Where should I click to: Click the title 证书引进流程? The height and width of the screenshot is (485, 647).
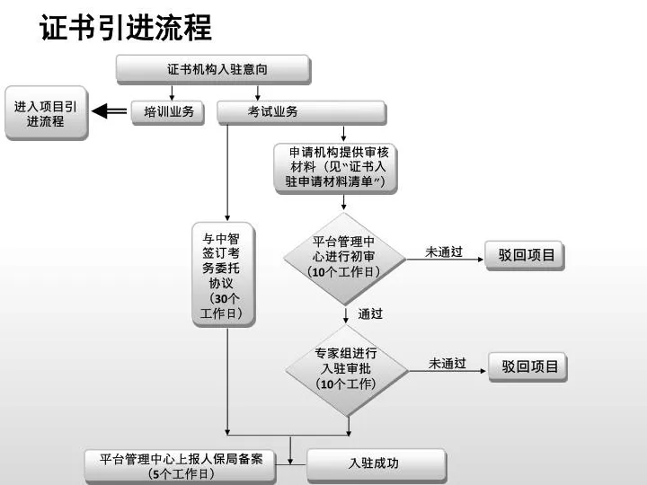126,28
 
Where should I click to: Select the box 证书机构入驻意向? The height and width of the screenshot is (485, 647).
213,70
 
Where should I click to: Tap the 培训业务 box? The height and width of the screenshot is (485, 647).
168,112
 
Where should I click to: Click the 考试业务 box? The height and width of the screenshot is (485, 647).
302,112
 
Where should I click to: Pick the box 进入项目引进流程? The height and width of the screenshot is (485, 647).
46,113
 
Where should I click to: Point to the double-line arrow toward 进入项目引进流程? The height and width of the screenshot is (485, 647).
109,111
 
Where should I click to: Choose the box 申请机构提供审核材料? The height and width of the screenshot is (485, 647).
336,168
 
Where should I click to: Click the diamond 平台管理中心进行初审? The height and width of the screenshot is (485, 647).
344,259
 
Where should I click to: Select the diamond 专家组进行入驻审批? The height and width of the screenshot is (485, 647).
347,370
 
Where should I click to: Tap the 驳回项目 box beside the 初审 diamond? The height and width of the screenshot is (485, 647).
525,256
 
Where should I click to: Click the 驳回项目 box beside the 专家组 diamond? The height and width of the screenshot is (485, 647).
528,367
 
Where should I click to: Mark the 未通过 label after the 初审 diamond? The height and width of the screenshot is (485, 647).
444,251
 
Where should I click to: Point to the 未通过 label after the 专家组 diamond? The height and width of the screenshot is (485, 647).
447,364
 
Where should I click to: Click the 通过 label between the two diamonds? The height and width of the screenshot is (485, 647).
370,313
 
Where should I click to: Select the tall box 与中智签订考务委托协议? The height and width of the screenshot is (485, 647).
224,275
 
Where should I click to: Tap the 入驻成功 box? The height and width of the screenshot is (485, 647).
377,465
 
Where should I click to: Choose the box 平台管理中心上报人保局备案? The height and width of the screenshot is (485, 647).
181,466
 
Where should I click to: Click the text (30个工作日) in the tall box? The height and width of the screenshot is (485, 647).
221,305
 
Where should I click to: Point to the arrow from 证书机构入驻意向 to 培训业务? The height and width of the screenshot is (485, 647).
172,93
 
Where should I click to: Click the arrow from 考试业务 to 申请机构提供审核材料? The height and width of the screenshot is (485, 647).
343,134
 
